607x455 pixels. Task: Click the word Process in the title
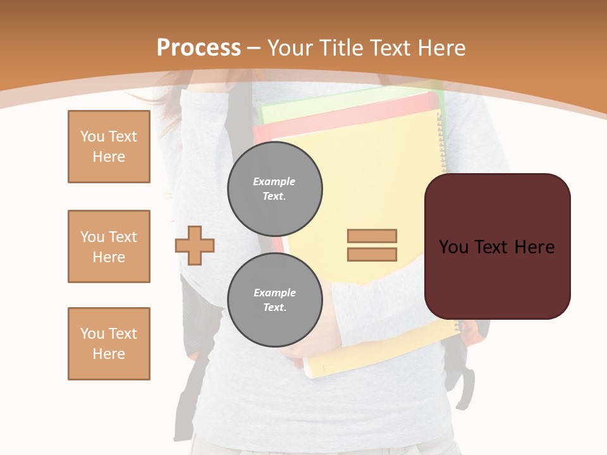point(199,47)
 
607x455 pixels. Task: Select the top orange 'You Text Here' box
point(109,147)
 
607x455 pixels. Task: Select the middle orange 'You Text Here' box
point(109,246)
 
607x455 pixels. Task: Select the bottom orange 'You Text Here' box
point(109,344)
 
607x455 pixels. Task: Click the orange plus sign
point(195,245)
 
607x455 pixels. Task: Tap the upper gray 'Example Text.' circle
point(274,189)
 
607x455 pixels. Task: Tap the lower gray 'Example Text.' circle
point(274,300)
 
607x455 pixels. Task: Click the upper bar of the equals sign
point(372,236)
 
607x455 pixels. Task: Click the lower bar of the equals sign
point(372,254)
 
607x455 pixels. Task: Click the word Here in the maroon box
point(534,247)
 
